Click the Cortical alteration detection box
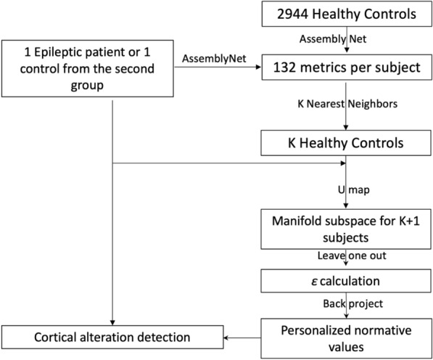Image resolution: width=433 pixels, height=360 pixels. pos(112,337)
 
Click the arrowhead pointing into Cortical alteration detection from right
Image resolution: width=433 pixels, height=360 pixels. pos(227,337)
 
